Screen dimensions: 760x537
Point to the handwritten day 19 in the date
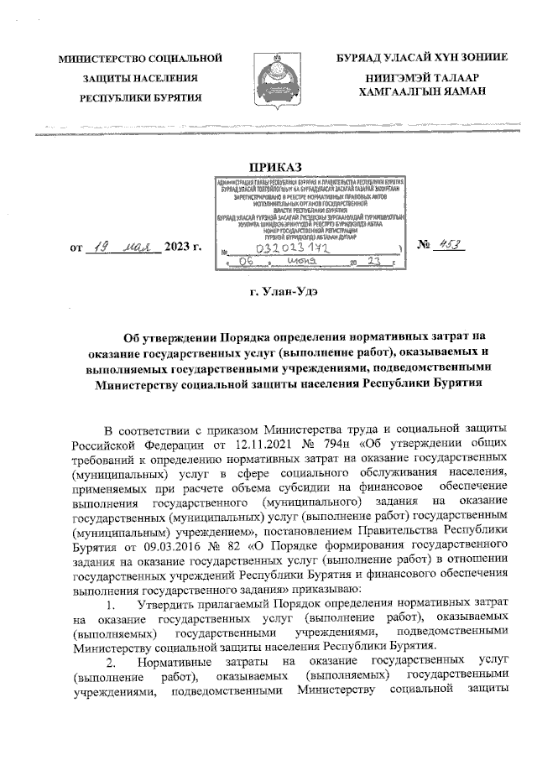tap(100, 247)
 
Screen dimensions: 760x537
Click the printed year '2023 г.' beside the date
tap(184, 248)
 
